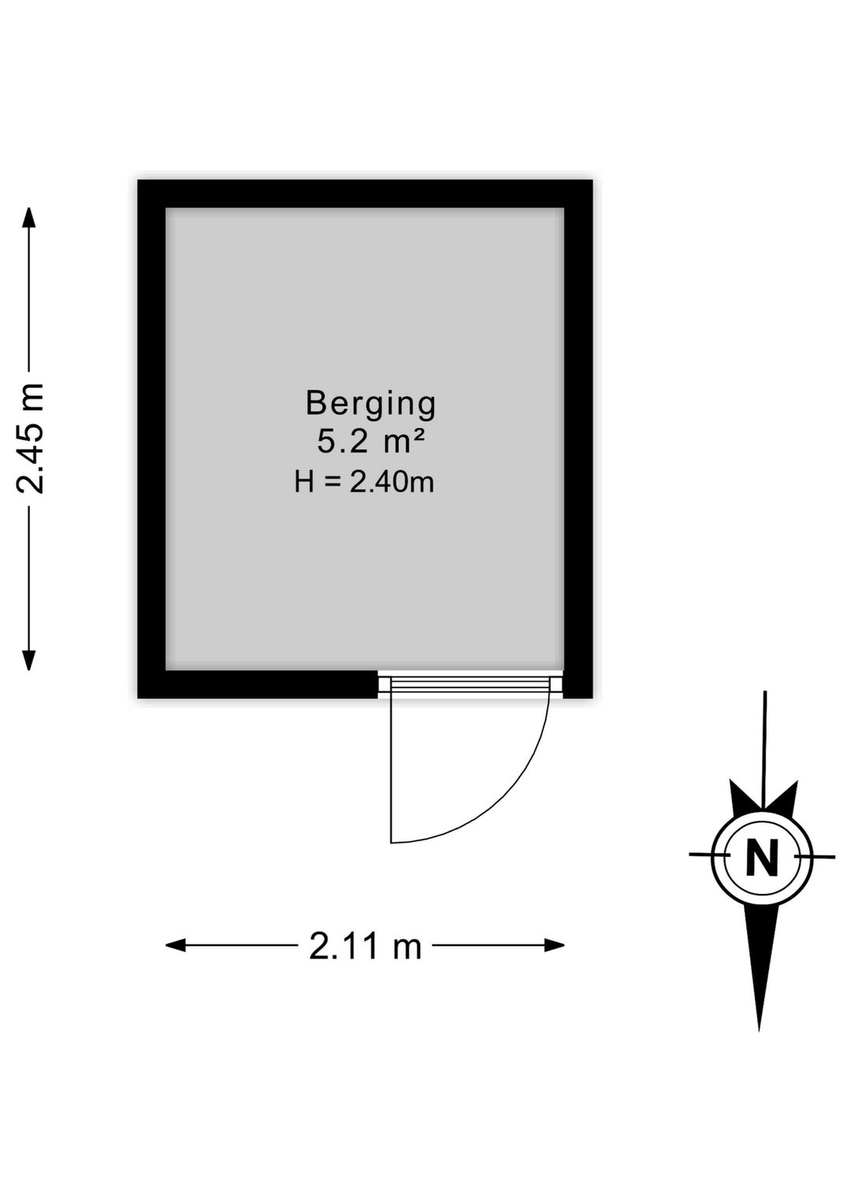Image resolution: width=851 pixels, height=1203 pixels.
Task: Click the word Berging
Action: (370, 404)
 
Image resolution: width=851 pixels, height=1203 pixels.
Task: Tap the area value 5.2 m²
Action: (371, 441)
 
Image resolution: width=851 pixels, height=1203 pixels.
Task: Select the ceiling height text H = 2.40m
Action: (364, 481)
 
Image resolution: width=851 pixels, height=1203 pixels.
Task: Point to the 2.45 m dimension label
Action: (31, 438)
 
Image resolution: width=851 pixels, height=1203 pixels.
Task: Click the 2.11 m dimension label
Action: (365, 946)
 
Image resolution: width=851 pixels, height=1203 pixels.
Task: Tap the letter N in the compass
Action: (761, 857)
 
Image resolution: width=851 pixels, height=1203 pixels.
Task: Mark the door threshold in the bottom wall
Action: (470, 684)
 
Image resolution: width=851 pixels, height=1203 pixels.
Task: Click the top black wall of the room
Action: (365, 193)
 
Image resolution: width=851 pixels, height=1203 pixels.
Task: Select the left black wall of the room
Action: (151, 438)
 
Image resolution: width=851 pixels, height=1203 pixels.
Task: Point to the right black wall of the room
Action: (578, 438)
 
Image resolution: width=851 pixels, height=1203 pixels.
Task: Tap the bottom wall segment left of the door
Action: (258, 684)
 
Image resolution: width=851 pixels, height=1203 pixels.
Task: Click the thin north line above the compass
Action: (764, 741)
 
